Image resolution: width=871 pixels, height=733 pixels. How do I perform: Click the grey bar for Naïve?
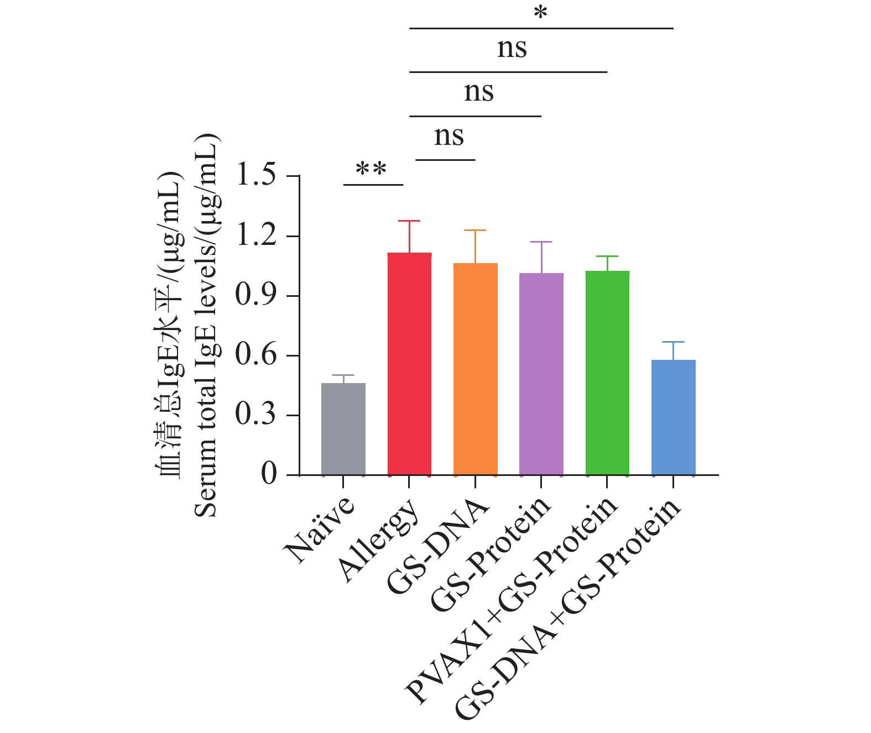click(x=343, y=429)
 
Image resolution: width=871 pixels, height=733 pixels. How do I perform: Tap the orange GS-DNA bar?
click(x=475, y=369)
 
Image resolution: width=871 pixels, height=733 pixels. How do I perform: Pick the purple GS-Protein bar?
click(x=541, y=374)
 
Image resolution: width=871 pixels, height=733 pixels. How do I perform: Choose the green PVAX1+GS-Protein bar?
click(x=607, y=373)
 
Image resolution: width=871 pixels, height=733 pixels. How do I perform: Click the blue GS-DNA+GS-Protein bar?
click(x=673, y=417)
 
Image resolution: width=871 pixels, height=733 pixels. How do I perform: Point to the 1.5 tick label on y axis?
click(x=255, y=176)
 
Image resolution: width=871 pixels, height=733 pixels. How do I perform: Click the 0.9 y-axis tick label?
click(x=255, y=295)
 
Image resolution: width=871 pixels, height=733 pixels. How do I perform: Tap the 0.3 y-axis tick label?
click(x=255, y=415)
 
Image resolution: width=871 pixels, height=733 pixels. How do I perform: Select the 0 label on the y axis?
click(x=269, y=474)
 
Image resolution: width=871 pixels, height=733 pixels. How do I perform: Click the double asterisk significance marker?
click(x=371, y=169)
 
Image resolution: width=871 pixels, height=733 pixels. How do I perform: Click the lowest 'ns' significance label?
click(x=448, y=136)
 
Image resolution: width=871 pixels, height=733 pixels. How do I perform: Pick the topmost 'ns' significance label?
click(x=512, y=48)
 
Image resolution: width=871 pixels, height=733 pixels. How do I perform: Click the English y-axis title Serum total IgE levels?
click(x=207, y=326)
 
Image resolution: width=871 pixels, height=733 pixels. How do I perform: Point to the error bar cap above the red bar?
click(x=409, y=221)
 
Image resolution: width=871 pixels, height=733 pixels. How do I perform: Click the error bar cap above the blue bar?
click(x=673, y=342)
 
